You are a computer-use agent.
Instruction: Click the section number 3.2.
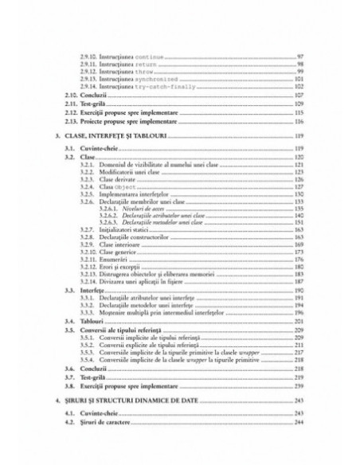69,158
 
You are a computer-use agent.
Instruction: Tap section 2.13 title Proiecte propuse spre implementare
131,123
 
